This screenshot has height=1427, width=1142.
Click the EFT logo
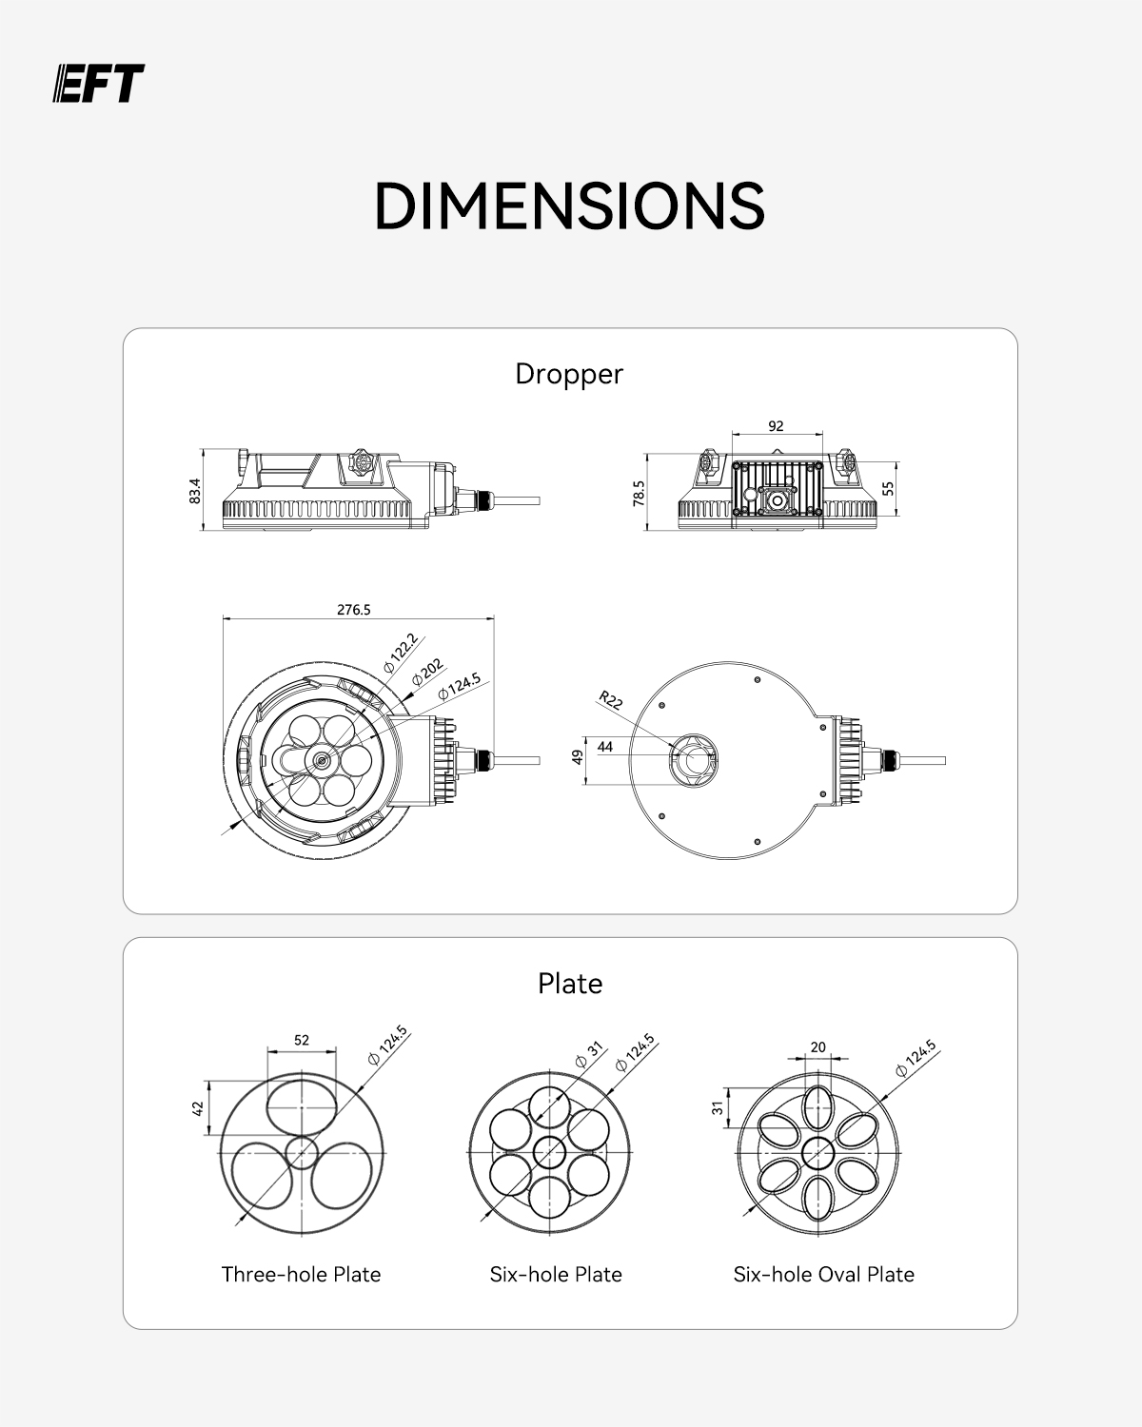[x=98, y=83]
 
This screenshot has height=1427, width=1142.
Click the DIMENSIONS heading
[x=570, y=206]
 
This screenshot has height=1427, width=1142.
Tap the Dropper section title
[x=569, y=374]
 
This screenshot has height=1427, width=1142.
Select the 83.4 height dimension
[x=194, y=491]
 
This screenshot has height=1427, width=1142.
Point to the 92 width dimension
[x=776, y=426]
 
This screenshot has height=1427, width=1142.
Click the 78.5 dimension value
[x=639, y=494]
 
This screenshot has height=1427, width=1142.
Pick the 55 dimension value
[x=888, y=489]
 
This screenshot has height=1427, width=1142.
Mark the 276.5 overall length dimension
[x=354, y=610]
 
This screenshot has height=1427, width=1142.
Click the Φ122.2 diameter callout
[x=400, y=653]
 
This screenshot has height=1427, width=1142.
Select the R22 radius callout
[x=610, y=700]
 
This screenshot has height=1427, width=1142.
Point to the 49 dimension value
[x=578, y=757]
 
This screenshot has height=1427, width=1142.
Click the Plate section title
[x=570, y=984]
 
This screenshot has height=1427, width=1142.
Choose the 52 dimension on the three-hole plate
[x=302, y=1040]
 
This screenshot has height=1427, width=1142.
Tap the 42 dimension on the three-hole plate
[x=197, y=1108]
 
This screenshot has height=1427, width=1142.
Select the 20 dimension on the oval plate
[x=818, y=1047]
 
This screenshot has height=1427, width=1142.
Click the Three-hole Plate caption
[x=302, y=1275]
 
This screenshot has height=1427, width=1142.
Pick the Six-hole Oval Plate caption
[x=823, y=1275]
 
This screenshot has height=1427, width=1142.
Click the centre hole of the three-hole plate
[x=302, y=1152]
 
